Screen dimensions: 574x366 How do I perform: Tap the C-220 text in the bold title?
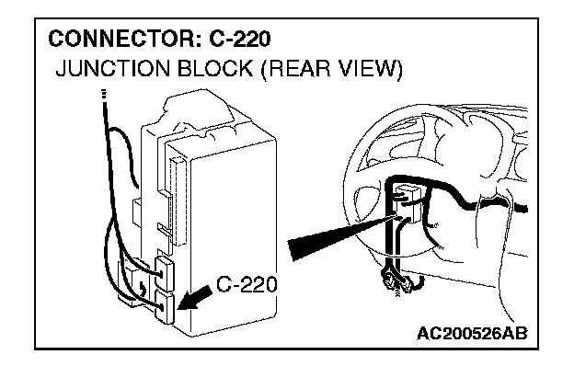tap(240, 39)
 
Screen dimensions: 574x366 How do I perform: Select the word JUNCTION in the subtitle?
tap(113, 68)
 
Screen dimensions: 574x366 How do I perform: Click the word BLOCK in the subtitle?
tap(214, 68)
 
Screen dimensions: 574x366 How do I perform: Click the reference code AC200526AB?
tap(472, 334)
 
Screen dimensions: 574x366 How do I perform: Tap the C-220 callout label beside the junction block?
tap(247, 284)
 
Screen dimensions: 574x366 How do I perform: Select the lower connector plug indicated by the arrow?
tap(165, 307)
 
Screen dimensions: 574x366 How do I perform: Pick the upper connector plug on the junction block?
tap(165, 273)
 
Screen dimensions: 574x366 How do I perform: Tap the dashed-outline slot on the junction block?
tap(179, 201)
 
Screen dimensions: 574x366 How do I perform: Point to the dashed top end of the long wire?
tap(104, 95)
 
